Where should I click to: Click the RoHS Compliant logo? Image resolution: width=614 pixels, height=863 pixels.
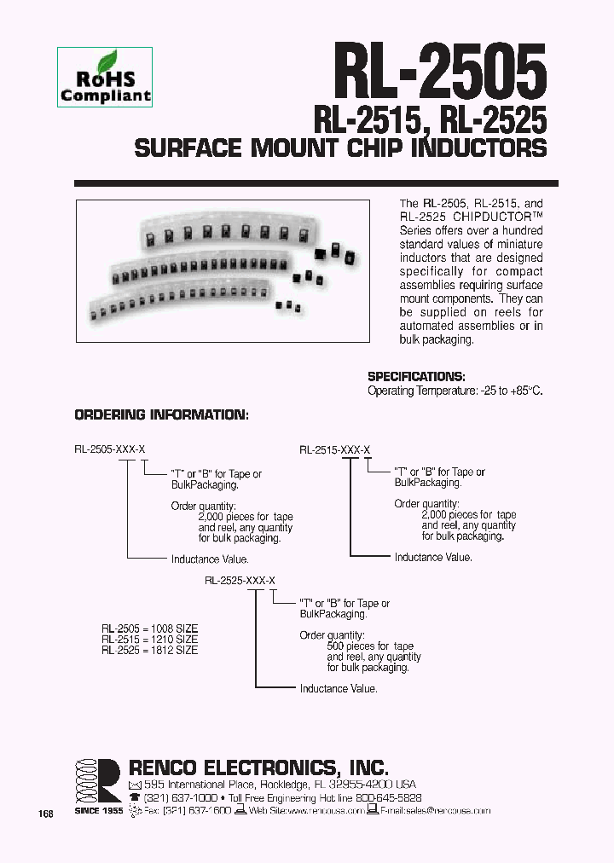105,78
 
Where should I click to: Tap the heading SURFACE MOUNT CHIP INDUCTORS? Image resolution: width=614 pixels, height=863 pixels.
340,148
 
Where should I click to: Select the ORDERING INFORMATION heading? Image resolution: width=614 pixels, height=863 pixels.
161,415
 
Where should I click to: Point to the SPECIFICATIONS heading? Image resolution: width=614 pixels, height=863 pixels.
416,377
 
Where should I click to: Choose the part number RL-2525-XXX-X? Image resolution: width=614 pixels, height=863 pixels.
240,580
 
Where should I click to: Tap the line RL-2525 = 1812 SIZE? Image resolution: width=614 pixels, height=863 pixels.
149,650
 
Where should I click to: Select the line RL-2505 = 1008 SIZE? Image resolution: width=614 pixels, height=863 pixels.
149,627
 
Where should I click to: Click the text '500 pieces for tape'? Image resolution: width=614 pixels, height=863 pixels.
370,646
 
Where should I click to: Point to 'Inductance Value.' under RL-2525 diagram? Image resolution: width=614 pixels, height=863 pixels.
339,688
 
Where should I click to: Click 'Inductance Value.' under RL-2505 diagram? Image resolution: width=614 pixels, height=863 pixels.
210,559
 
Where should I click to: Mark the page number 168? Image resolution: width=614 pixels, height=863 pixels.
46,814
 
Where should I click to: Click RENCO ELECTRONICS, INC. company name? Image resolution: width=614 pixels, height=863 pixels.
258,766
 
